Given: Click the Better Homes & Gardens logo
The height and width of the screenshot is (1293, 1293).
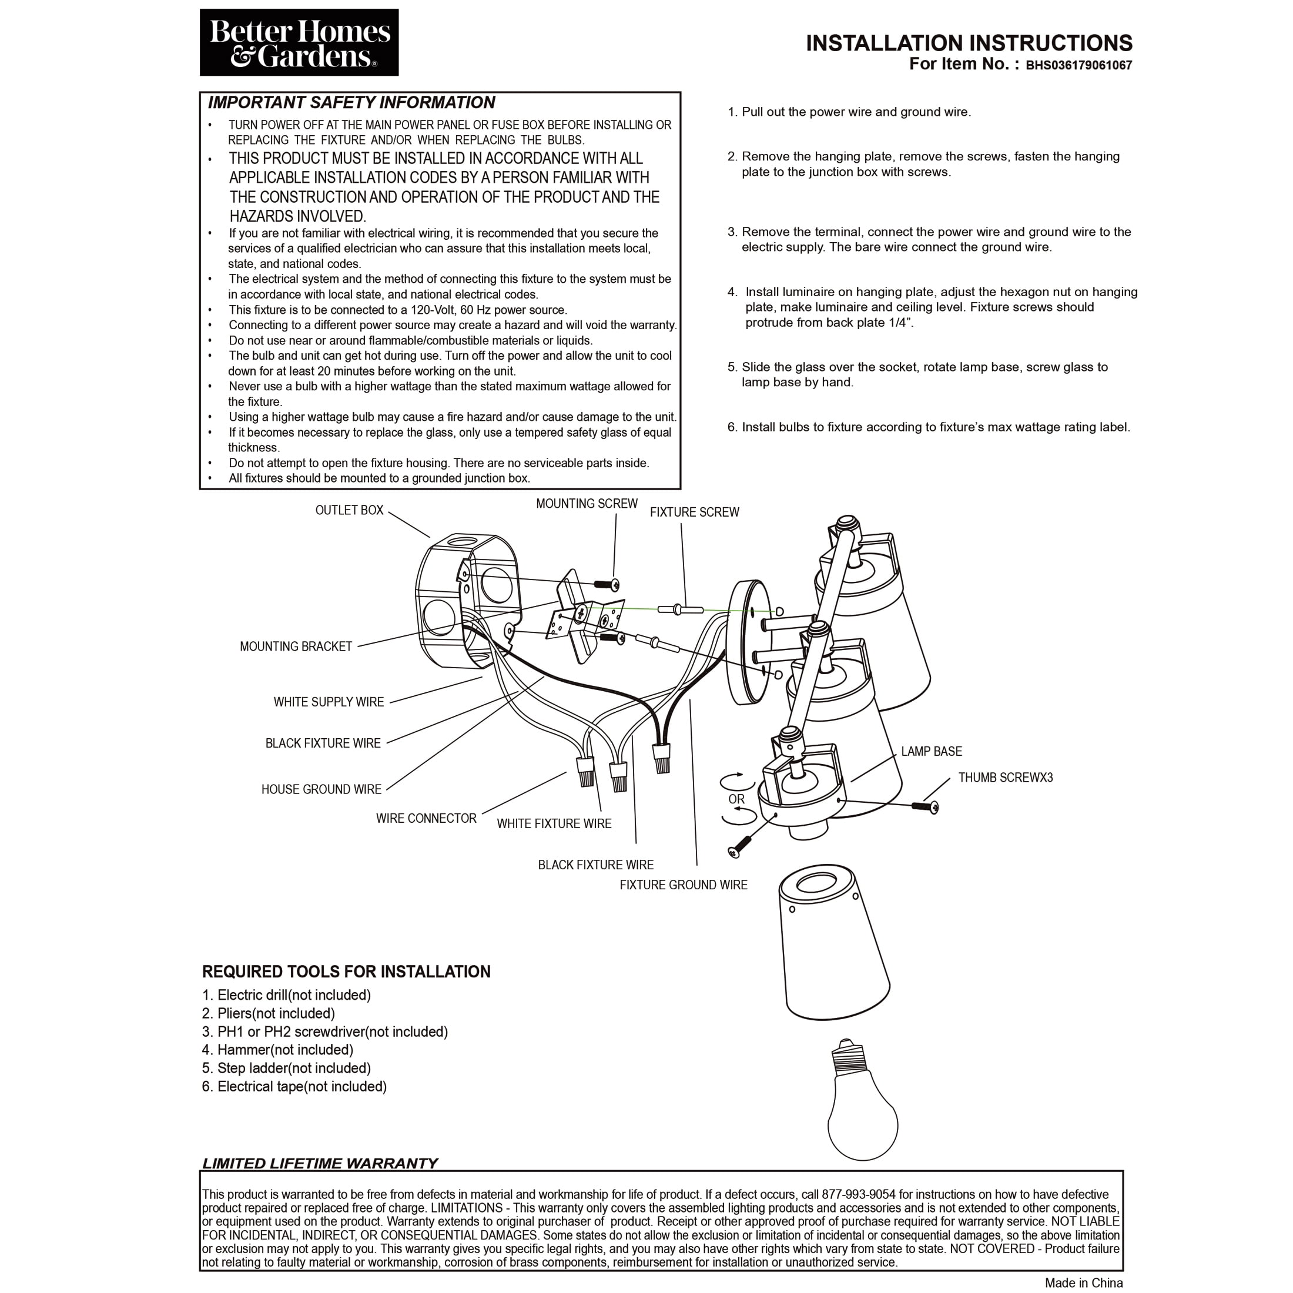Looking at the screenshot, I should (299, 42).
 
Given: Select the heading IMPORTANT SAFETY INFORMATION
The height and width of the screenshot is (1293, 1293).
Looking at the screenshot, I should (351, 102).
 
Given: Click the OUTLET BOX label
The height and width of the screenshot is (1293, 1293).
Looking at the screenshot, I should (349, 510).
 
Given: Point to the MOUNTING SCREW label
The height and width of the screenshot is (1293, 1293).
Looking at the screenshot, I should (587, 503).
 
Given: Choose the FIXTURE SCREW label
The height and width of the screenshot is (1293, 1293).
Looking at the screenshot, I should (694, 512).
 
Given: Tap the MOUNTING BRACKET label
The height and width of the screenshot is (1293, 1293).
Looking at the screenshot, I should (295, 646).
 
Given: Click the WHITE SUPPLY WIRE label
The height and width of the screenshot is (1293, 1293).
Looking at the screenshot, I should (328, 702).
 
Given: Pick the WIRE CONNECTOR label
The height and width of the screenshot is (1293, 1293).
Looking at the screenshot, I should (426, 819).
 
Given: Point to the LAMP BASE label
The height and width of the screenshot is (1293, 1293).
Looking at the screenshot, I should (931, 752).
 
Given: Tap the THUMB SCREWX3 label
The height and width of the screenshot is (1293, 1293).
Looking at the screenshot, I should (1004, 778).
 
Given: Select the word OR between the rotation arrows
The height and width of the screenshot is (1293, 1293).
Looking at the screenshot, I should (736, 799).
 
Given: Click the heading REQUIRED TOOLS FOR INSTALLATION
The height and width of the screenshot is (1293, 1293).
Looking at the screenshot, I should (346, 972).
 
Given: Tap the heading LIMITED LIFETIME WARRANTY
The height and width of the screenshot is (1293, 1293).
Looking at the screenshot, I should (320, 1164).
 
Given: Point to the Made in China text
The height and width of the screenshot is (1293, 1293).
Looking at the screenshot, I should (1084, 1283).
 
